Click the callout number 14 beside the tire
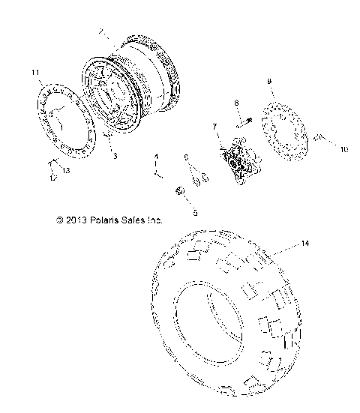click(x=304, y=244)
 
